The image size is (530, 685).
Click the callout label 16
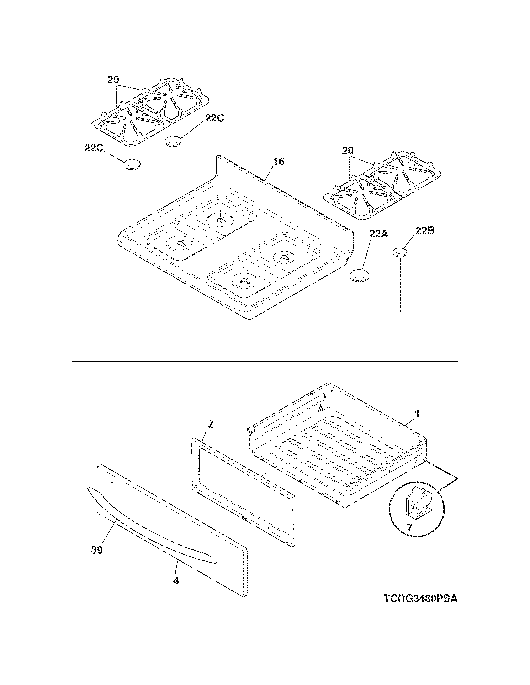279,162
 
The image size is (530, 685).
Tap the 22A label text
378,234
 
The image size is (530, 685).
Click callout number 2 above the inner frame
210,424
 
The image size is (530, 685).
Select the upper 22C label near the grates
214,118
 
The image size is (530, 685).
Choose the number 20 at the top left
113,80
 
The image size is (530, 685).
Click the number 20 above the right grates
348,151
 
